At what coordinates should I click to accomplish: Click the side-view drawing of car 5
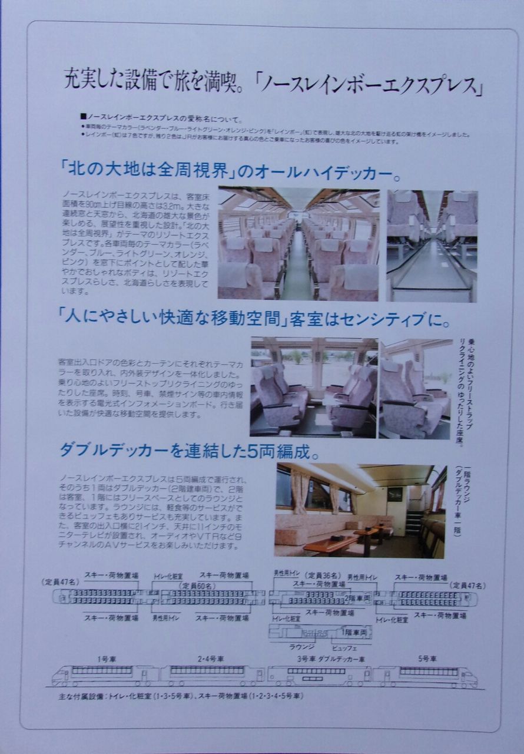(425, 676)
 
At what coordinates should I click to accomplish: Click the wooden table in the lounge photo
(331, 543)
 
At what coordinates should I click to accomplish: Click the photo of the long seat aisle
(299, 244)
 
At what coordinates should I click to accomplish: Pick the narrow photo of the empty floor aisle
(432, 246)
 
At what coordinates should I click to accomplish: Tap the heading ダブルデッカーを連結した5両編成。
(189, 451)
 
